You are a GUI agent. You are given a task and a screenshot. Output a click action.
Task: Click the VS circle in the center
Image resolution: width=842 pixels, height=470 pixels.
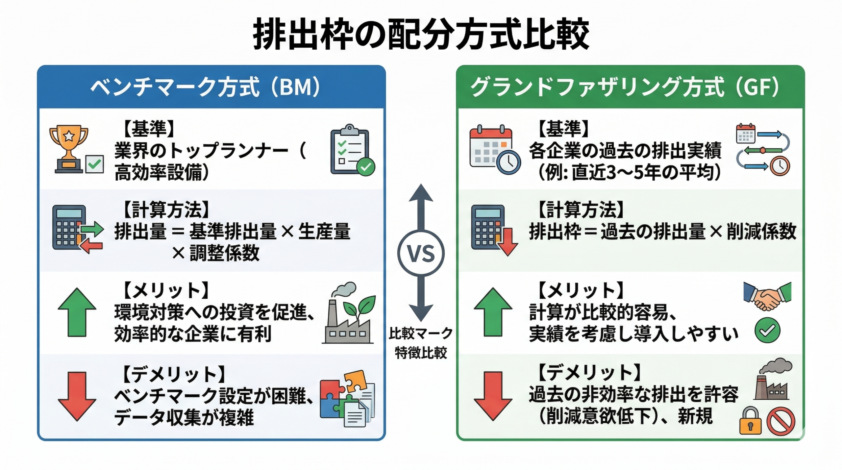coord(421,253)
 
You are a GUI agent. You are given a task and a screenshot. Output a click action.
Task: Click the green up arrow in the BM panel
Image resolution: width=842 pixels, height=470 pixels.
coord(77,312)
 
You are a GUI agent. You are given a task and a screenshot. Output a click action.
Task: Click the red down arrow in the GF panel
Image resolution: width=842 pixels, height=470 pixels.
coord(493,396)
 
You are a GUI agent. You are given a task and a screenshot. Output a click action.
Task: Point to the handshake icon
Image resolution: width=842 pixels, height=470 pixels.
coord(767,296)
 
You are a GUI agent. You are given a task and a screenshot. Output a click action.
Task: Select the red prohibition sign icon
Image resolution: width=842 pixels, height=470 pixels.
coord(781,421)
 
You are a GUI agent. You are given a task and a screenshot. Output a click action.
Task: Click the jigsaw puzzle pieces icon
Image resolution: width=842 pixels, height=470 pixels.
coord(347,398)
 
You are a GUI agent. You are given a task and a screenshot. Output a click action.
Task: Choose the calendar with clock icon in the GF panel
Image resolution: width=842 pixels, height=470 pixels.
coord(494,150)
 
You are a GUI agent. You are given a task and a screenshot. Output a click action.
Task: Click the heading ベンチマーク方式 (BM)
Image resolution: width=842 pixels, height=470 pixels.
coord(205,87)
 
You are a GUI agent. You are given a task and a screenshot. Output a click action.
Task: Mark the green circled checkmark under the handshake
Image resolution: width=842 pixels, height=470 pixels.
coord(767,330)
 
